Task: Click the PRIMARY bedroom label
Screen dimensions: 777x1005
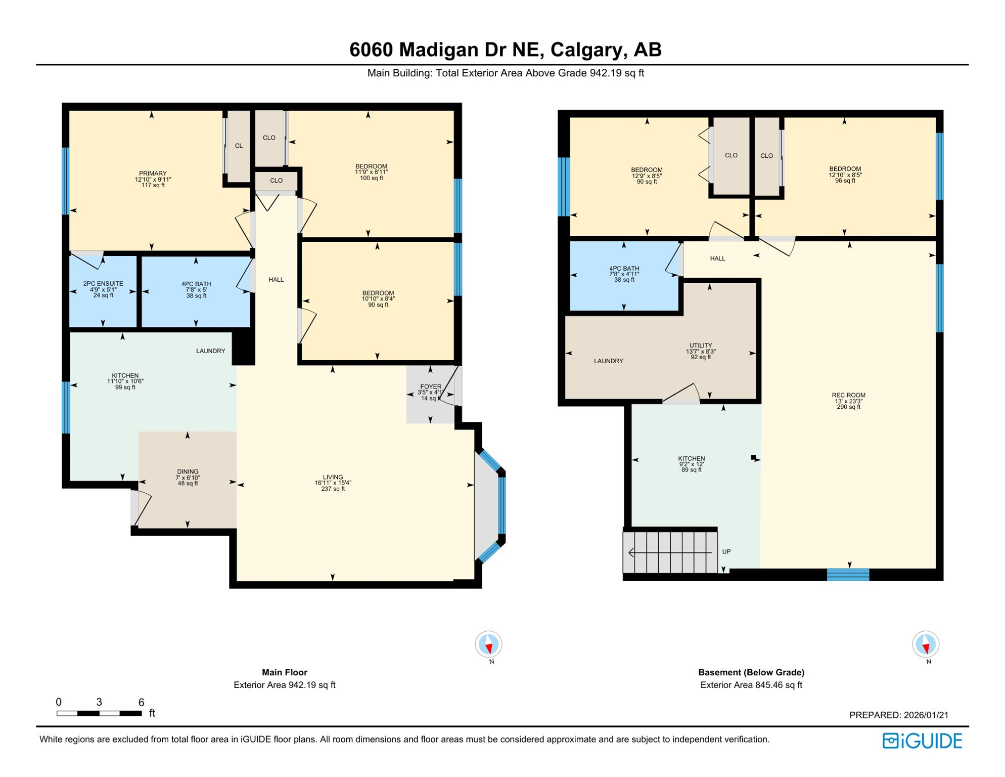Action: coord(153,174)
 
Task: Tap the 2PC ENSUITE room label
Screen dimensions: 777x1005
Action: coord(103,284)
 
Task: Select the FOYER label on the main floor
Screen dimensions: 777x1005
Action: coord(431,387)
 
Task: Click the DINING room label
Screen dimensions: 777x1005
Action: coord(188,471)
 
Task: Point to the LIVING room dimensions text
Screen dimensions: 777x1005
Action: coord(333,483)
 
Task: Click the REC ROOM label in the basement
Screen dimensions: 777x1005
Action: coord(848,395)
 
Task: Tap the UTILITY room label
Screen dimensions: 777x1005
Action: coord(701,346)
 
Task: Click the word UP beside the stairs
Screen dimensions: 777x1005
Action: coord(726,551)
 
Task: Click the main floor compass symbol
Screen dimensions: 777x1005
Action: coord(488,644)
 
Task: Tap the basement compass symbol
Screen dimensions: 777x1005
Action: coord(925,644)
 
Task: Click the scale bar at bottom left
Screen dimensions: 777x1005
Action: coord(99,713)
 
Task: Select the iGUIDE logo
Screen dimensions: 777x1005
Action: coord(922,741)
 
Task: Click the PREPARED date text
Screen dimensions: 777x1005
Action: coord(898,715)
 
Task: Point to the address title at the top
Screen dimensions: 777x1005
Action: coord(505,50)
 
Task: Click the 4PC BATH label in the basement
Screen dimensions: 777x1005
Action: coord(624,269)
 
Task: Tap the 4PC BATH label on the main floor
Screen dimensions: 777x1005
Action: coord(196,284)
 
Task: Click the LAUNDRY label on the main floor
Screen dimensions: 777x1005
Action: coord(210,351)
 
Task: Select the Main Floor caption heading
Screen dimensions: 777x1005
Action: coord(284,672)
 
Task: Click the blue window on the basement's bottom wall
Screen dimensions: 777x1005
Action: coord(848,574)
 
